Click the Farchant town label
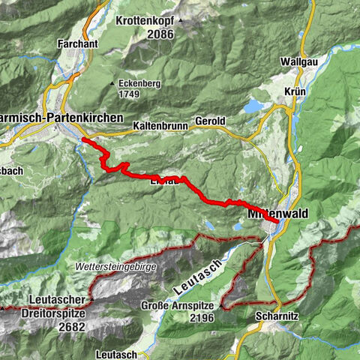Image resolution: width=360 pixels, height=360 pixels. click(78, 43)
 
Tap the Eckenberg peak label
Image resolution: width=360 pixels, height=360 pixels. click(139, 82)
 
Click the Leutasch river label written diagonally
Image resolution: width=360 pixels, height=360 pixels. click(190, 278)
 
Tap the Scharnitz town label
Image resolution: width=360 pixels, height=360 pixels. click(277, 316)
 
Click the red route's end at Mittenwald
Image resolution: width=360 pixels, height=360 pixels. click(276, 221)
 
